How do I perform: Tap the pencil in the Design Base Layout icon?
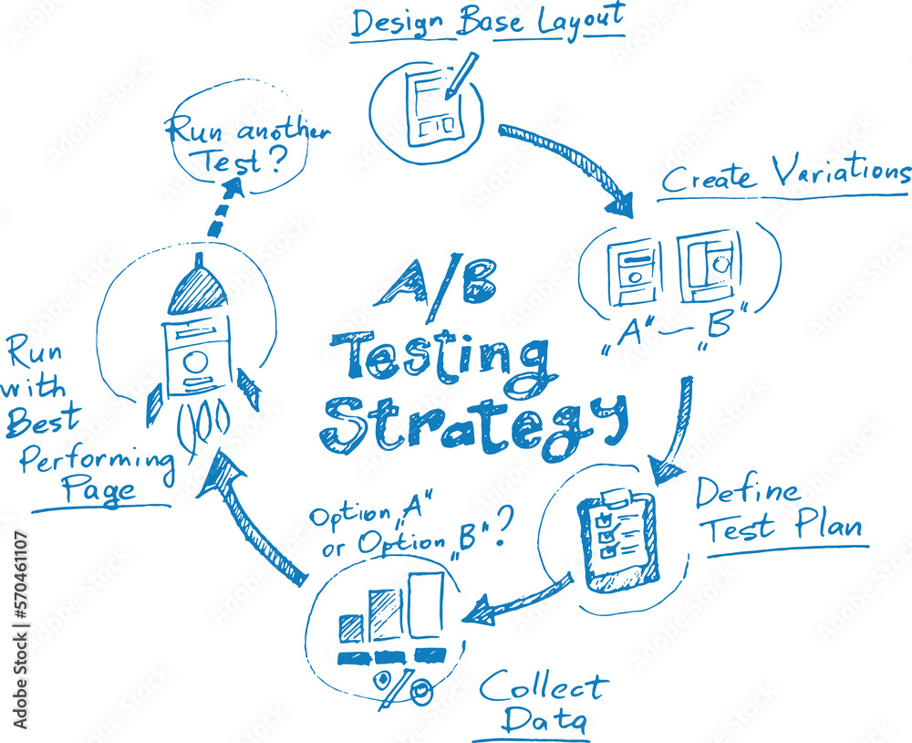(462, 75)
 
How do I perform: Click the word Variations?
(839, 172)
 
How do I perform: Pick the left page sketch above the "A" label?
(636, 271)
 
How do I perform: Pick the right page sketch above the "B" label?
(710, 265)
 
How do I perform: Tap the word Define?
(747, 493)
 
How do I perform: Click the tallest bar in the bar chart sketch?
(426, 605)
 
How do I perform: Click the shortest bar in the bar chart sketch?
(351, 627)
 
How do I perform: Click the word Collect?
(544, 686)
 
